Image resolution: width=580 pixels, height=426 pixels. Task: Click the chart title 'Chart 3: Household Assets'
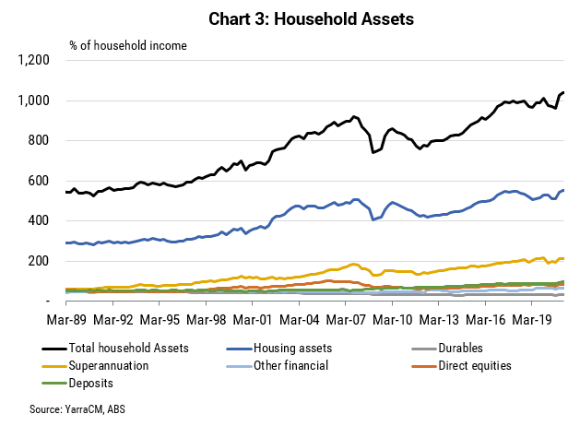point(311,18)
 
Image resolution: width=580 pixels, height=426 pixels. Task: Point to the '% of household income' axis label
point(128,45)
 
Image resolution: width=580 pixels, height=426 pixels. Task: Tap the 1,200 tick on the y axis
point(34,60)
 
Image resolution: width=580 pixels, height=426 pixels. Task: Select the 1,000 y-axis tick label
point(34,101)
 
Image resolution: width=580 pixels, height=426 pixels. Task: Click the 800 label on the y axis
point(39,140)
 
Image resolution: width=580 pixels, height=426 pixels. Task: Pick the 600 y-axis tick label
point(39,181)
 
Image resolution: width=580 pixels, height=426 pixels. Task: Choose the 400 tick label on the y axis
point(39,220)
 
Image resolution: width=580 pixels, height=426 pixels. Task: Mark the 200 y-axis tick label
point(39,261)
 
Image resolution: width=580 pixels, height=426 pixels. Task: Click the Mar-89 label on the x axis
point(66,319)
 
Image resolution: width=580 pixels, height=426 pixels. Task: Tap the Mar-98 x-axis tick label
point(206,319)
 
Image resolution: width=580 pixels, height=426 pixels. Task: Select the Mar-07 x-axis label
point(346,319)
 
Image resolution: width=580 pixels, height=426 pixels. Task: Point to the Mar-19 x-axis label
point(532,319)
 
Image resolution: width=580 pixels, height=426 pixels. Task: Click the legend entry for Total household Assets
point(115,348)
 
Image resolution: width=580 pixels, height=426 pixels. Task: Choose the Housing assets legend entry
point(279,348)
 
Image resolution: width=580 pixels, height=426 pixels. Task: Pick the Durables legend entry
point(447,348)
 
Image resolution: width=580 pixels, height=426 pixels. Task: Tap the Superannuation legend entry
point(95,366)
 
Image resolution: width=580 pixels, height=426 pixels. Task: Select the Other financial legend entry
point(278,366)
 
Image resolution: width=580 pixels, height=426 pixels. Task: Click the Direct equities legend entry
point(461,366)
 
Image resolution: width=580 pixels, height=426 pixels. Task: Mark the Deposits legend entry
point(77,383)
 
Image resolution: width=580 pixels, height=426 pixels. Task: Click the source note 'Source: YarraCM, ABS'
point(77,409)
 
